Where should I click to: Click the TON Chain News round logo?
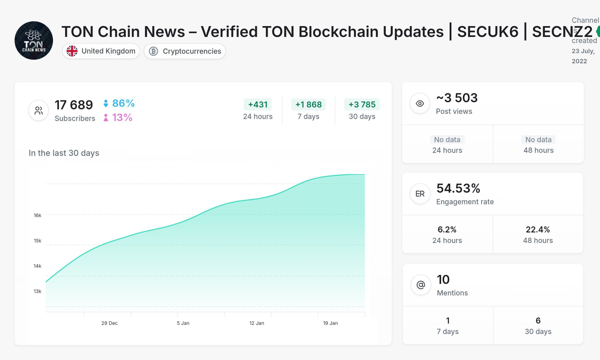[34, 40]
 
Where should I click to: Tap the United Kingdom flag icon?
[72, 51]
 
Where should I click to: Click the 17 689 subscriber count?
[74, 105]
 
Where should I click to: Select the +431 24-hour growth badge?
[258, 105]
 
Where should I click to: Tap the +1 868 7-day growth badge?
[308, 105]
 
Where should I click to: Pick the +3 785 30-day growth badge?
[362, 105]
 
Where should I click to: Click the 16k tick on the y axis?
[37, 215]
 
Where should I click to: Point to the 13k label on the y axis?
[37, 291]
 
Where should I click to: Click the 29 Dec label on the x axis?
[110, 323]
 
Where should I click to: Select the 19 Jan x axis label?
[330, 323]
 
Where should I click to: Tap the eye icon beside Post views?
[420, 103]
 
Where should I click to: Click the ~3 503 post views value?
[457, 98]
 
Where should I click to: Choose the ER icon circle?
[420, 194]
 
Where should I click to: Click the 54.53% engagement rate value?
[458, 188]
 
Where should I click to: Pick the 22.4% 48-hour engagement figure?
[538, 230]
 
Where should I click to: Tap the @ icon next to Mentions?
[421, 285]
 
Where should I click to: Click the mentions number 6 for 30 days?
[538, 320]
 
